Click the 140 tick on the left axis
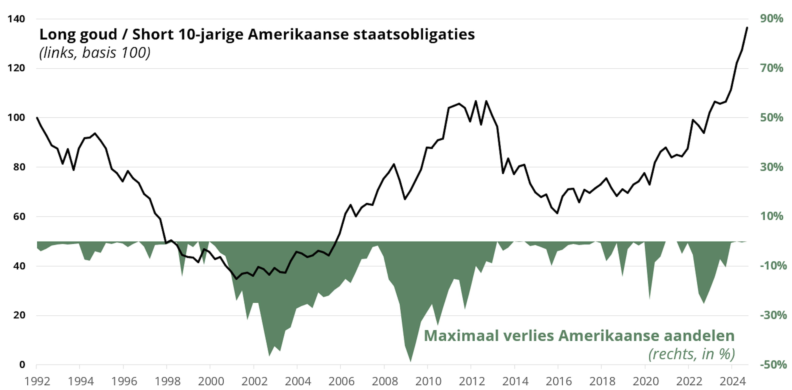click(16, 19)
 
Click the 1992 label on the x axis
click(37, 381)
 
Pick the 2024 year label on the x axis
click(733, 381)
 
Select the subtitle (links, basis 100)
click(95, 53)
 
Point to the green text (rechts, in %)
click(692, 354)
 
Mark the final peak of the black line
click(747, 28)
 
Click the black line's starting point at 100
click(37, 118)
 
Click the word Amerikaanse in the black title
click(298, 34)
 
